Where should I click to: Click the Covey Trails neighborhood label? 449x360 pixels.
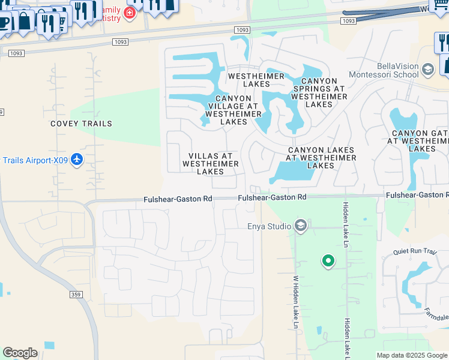click(x=81, y=124)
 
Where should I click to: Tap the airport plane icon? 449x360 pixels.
click(x=76, y=160)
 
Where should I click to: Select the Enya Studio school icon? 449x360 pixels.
click(x=301, y=226)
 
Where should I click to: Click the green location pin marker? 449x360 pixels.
click(x=328, y=261)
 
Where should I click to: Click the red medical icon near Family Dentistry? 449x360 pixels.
click(x=129, y=13)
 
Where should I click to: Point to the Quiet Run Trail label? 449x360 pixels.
click(x=414, y=252)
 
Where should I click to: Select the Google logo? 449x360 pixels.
click(x=20, y=353)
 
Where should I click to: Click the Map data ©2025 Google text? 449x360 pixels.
click(x=411, y=355)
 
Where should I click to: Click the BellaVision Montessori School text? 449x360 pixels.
click(x=397, y=70)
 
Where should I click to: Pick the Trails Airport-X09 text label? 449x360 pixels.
click(x=33, y=160)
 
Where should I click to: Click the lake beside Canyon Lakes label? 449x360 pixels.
click(x=292, y=173)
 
